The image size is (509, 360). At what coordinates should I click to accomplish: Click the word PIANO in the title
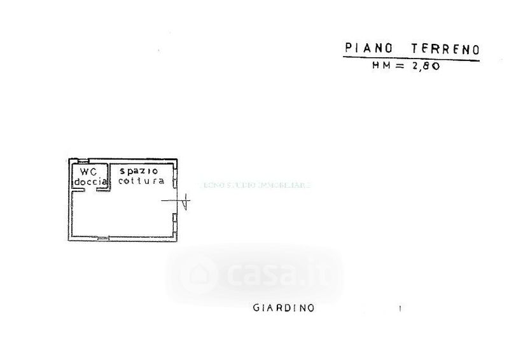(364, 48)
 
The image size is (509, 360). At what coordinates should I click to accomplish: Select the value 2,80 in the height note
(424, 66)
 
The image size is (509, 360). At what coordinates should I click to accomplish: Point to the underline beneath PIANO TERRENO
(410, 59)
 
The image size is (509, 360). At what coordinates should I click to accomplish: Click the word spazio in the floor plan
(137, 171)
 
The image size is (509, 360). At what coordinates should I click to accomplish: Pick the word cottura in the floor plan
(141, 181)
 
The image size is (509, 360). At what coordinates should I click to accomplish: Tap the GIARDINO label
(283, 308)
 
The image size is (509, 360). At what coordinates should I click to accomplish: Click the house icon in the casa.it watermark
(194, 274)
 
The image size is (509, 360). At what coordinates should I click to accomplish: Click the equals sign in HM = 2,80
(400, 66)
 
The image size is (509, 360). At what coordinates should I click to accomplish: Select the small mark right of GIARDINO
(400, 309)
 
